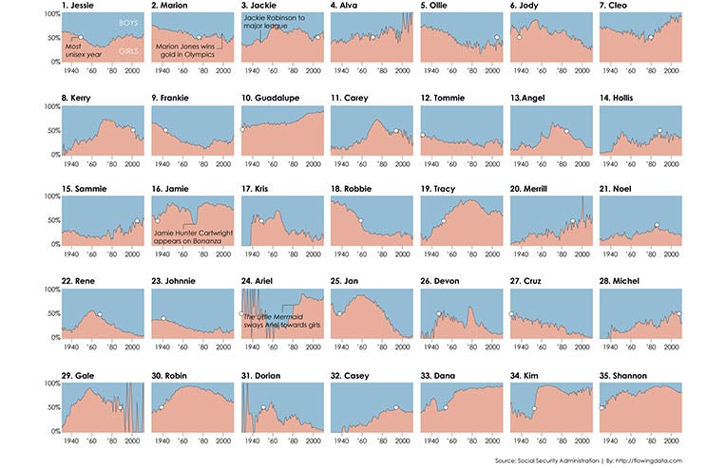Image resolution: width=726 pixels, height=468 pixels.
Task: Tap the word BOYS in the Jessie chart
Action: tap(118, 21)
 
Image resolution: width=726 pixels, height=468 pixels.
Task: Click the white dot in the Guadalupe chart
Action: tap(243, 128)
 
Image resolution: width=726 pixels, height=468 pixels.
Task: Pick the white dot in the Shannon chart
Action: tap(602, 407)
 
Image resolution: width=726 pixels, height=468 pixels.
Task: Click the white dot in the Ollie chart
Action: tap(497, 38)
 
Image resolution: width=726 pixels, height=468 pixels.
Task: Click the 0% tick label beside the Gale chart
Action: tap(53, 430)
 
